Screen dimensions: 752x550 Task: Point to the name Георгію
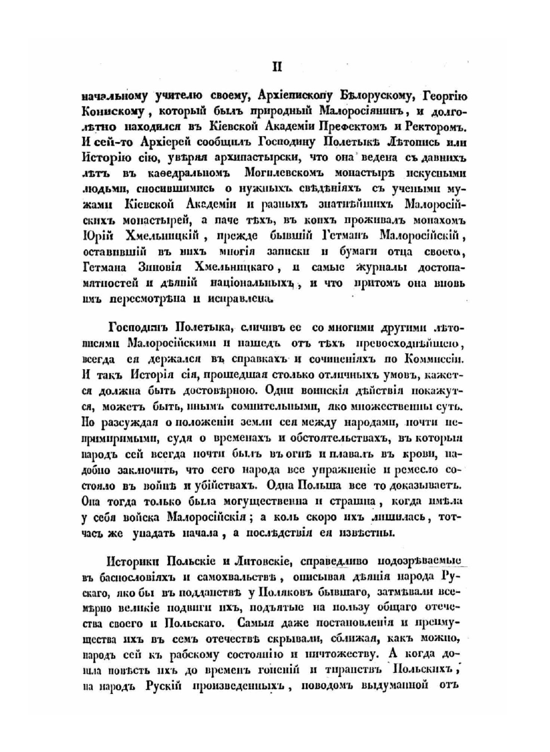click(x=444, y=97)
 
